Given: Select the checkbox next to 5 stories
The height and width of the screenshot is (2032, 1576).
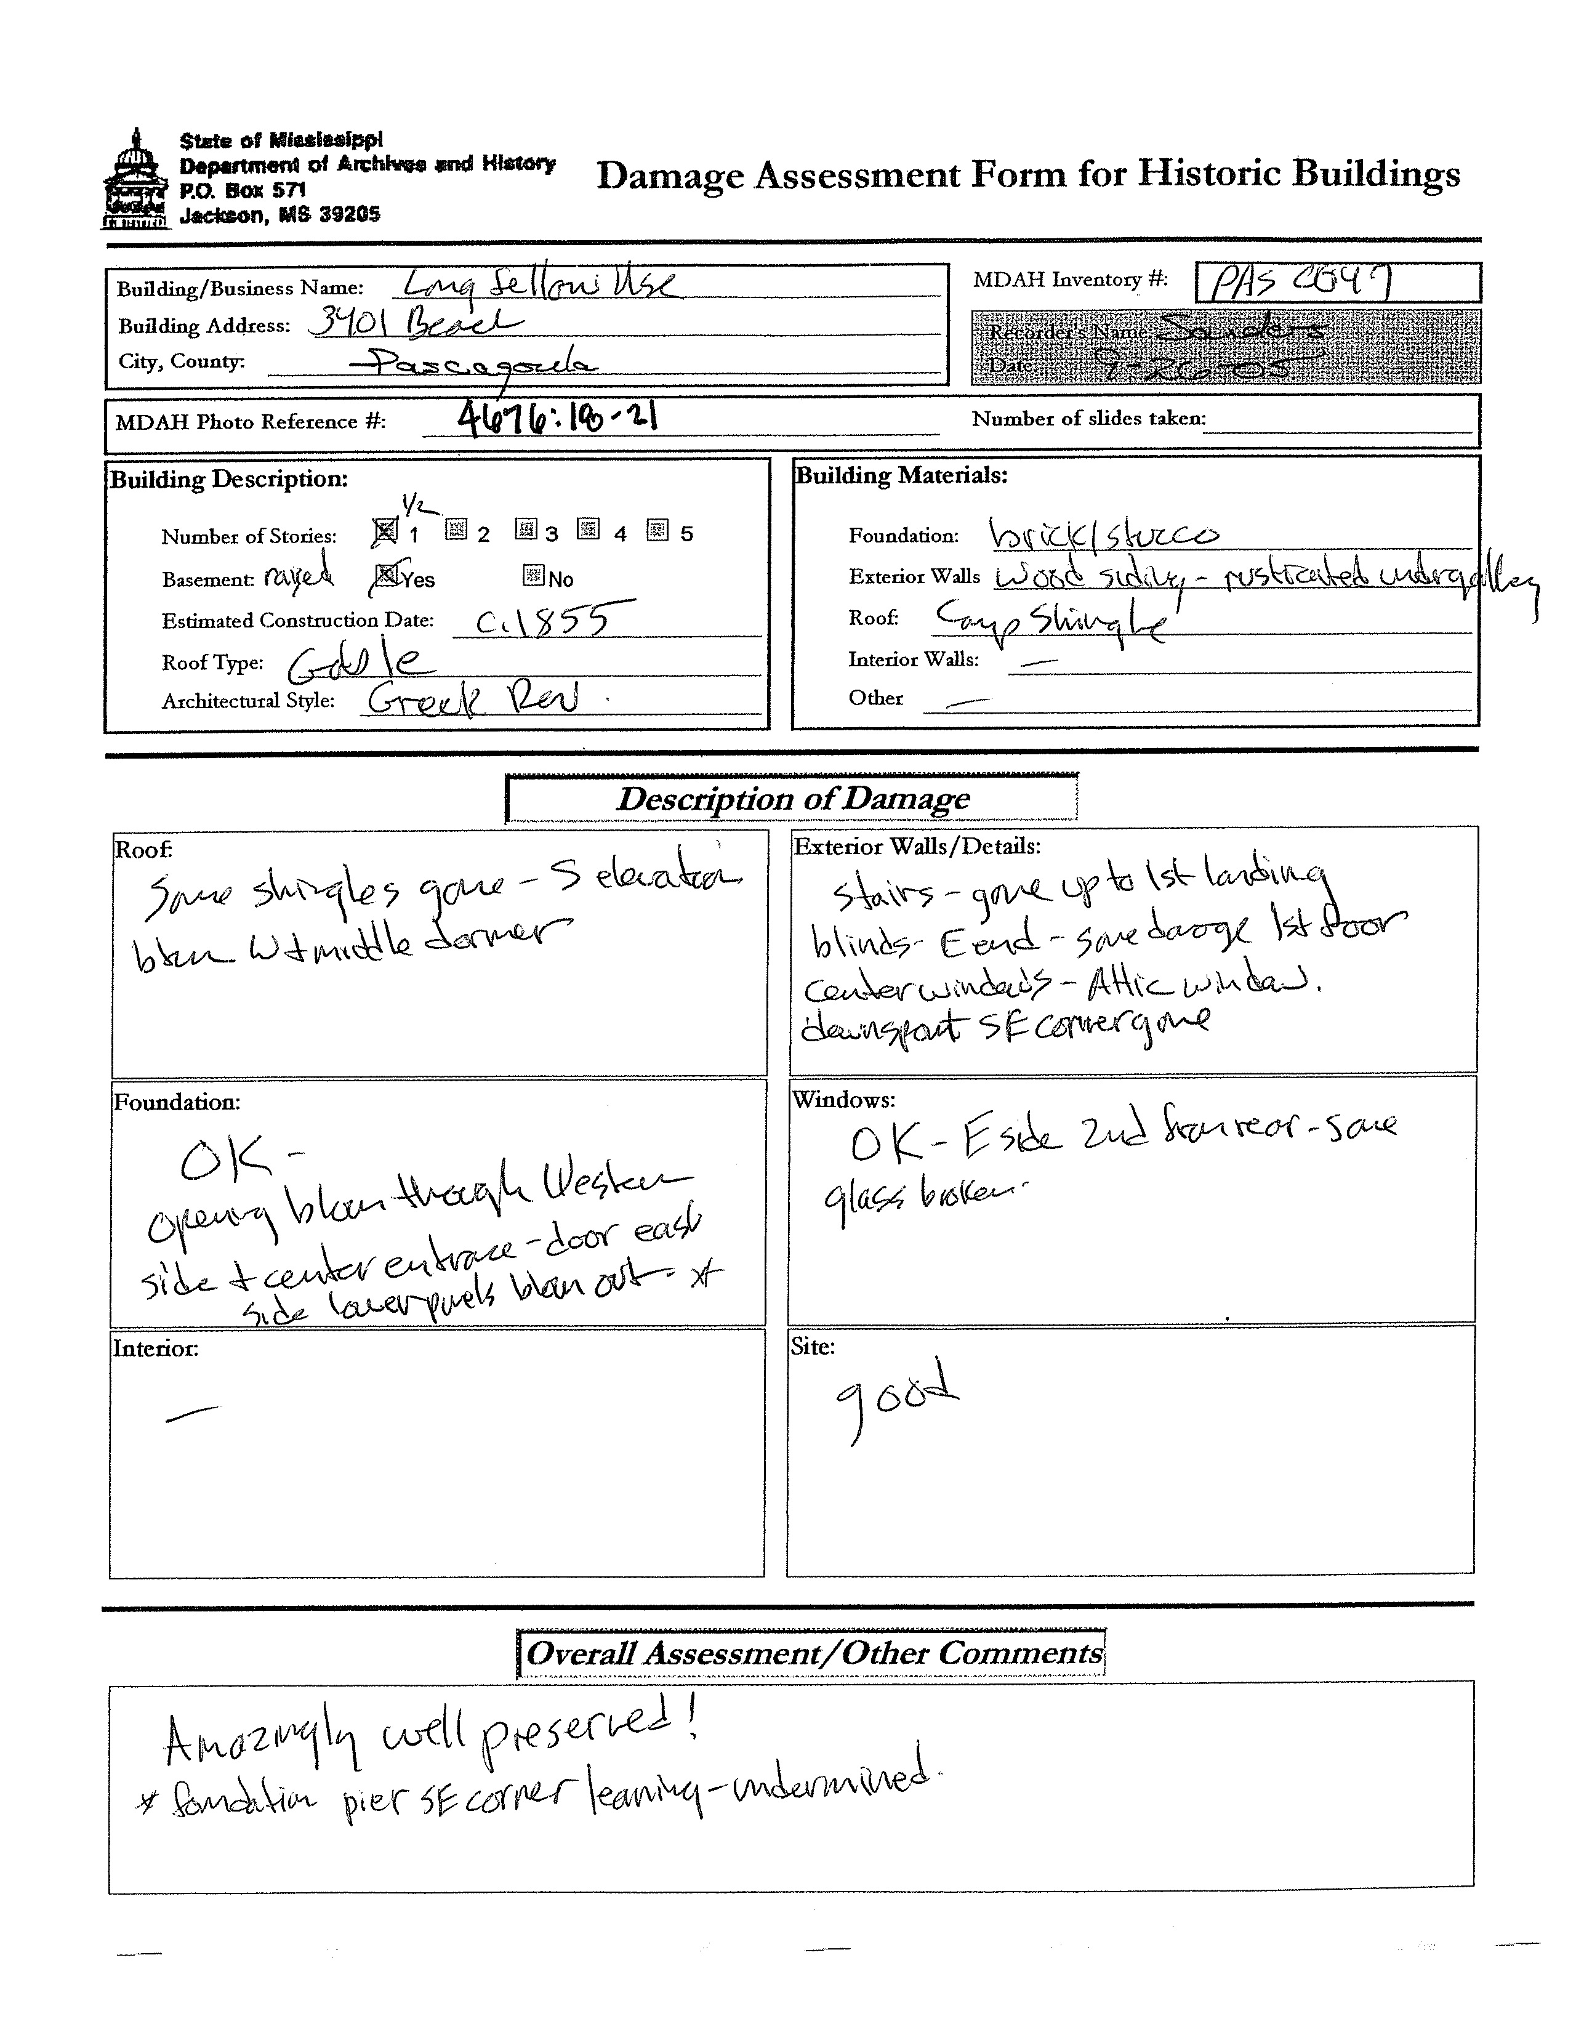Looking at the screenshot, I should (657, 530).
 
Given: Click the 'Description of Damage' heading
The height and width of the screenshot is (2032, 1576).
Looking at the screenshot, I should (793, 798).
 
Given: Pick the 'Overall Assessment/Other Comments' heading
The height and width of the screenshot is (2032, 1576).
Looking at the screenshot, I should (812, 1653).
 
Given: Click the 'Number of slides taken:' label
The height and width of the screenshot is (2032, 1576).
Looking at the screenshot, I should (1088, 419).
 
